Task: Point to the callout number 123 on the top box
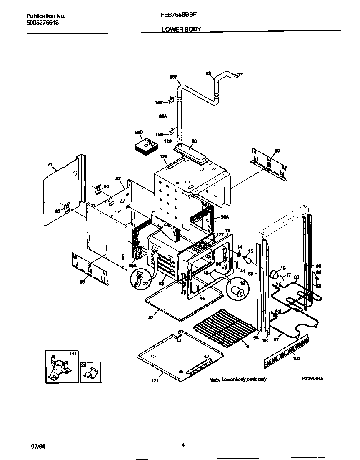163,157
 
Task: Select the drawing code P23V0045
312,378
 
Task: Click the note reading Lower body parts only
237,379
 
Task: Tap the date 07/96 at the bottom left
38,446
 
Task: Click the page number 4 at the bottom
183,445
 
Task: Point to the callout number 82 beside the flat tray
151,318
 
